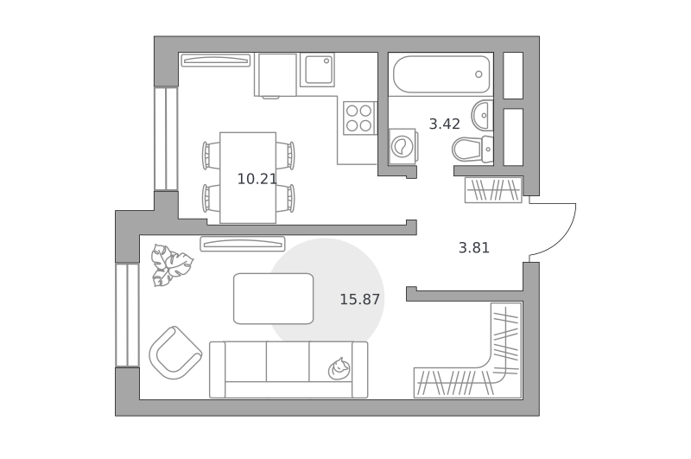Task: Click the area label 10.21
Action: (x=257, y=179)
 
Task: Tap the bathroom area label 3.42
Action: (x=445, y=124)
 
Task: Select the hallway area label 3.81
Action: (x=474, y=248)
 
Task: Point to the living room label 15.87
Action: (x=359, y=300)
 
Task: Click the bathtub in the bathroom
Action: (x=441, y=74)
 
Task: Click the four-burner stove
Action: (x=359, y=118)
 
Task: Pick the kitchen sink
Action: (x=317, y=70)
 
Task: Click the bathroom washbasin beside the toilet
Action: (x=482, y=116)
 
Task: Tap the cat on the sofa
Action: (x=339, y=368)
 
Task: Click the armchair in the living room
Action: (x=175, y=353)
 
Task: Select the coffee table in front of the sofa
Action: (x=273, y=298)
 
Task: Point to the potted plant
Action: (x=171, y=265)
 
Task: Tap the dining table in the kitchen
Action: (x=248, y=178)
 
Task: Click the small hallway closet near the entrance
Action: (x=493, y=190)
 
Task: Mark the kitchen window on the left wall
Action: (x=166, y=139)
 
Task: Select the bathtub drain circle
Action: (x=479, y=74)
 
